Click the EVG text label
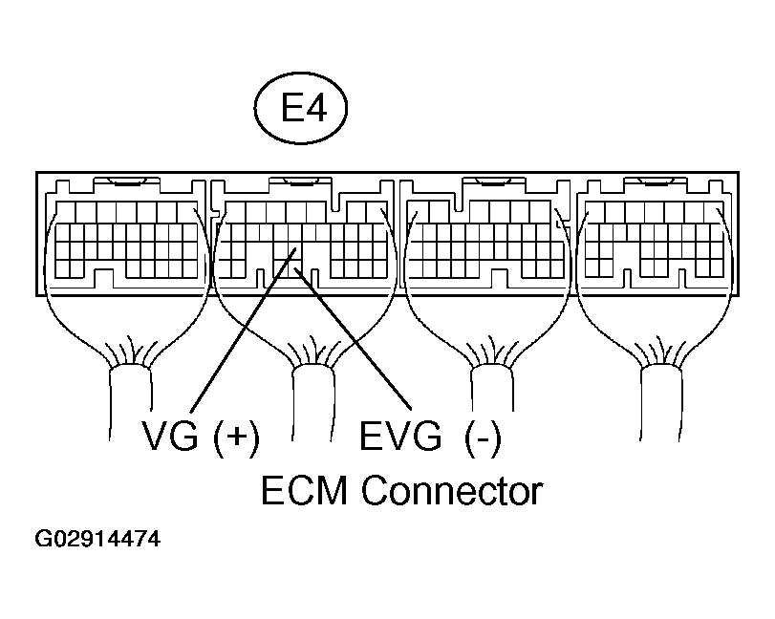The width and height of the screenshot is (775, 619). tap(401, 437)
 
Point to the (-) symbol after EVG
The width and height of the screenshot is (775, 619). tap(483, 437)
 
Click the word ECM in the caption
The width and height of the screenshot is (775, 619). tap(307, 491)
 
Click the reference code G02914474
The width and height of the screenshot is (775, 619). tap(97, 542)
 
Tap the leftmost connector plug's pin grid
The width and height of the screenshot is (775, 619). tap(124, 239)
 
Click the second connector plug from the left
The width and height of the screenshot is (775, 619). tap(304, 239)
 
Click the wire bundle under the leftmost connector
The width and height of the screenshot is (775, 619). tap(131, 392)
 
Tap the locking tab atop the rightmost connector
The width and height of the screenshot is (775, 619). tap(657, 181)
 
